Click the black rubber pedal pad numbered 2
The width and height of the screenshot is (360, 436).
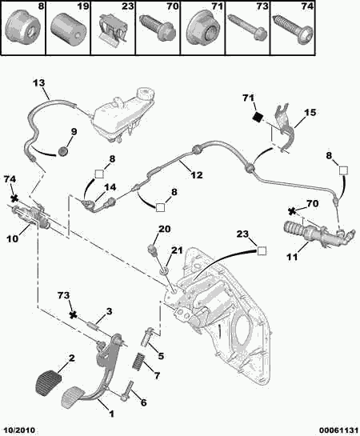pyautogui.click(x=48, y=382)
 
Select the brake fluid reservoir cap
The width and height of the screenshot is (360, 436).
pyautogui.click(x=146, y=93)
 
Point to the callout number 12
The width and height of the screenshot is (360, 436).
pyautogui.click(x=197, y=175)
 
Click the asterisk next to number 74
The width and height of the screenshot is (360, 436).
pyautogui.click(x=14, y=199)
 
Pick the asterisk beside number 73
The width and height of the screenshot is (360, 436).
pyautogui.click(x=73, y=315)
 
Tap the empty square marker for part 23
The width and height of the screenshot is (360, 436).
pyautogui.click(x=262, y=251)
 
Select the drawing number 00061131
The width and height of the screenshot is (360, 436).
pyautogui.click(x=339, y=430)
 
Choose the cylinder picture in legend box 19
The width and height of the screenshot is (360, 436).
pyautogui.click(x=69, y=30)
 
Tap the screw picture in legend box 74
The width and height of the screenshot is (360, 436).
pyautogui.click(x=293, y=28)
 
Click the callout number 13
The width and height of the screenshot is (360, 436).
pyautogui.click(x=39, y=83)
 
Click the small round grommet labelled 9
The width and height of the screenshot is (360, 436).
pyautogui.click(x=63, y=151)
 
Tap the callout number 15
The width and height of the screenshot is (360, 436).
pyautogui.click(x=310, y=112)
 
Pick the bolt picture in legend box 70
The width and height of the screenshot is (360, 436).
pyautogui.click(x=158, y=27)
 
